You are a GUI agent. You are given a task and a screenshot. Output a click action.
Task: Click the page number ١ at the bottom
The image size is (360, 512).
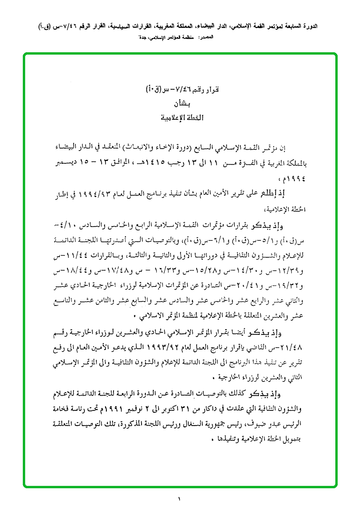(180, 499)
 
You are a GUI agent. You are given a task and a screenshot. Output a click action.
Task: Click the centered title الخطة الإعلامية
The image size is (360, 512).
(180, 116)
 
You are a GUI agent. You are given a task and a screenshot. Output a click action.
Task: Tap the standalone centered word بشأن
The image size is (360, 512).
(180, 104)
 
